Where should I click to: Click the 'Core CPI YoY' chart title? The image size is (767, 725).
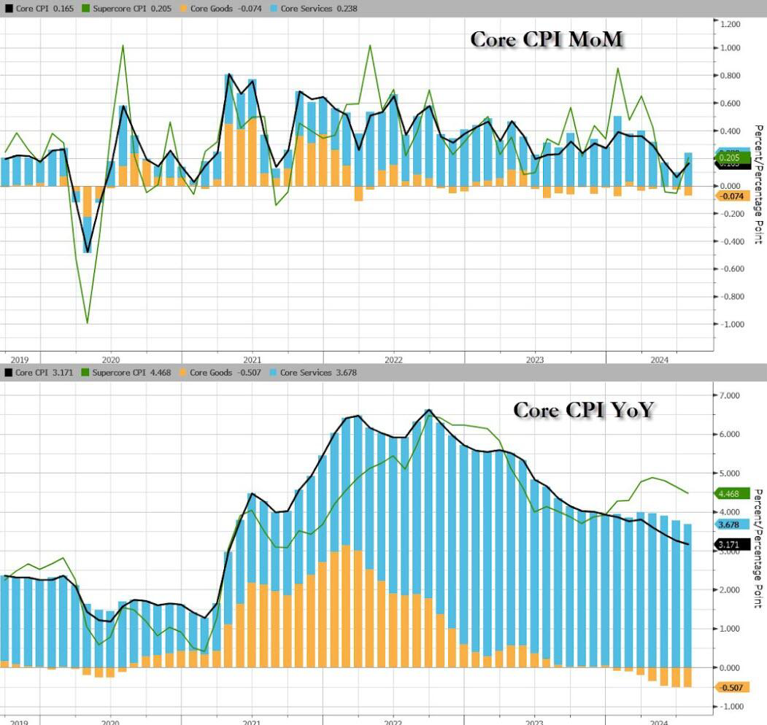click(x=583, y=410)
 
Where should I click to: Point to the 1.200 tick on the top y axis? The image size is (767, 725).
click(x=730, y=24)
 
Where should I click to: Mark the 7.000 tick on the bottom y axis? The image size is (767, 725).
click(x=731, y=395)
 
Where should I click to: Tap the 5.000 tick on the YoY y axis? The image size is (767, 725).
click(x=731, y=473)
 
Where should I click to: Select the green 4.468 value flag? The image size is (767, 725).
click(x=731, y=494)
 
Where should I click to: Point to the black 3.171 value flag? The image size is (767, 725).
click(x=731, y=544)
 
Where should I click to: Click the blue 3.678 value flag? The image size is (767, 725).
click(x=731, y=524)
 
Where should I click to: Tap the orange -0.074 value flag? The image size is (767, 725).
click(x=731, y=196)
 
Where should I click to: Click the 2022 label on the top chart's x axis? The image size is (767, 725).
click(x=393, y=359)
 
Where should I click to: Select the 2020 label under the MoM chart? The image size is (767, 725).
click(x=110, y=359)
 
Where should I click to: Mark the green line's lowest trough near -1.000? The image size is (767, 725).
click(x=88, y=322)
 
